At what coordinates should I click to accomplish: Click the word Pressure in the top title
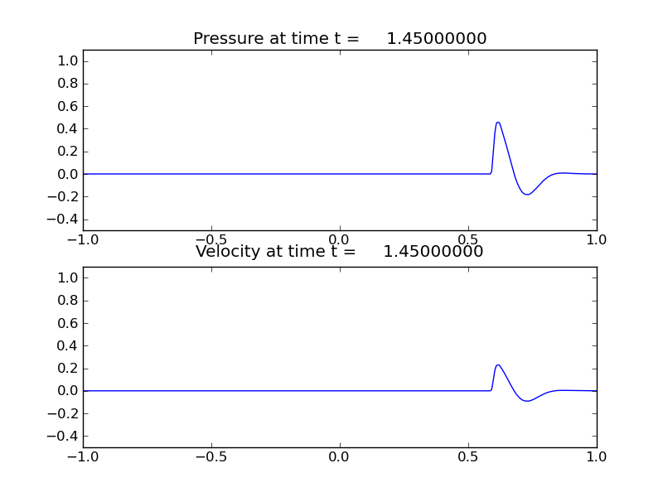226,39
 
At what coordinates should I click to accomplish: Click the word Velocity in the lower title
225,252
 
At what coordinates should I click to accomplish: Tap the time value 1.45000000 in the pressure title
436,39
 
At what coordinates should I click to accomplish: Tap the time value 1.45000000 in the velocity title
433,252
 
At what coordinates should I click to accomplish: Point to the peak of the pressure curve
498,123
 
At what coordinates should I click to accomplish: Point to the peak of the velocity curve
498,364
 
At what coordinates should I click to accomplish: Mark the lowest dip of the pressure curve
527,195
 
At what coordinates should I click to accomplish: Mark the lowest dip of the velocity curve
527,401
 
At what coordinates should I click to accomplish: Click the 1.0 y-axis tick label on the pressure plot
69,61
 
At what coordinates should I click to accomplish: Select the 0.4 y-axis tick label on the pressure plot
69,129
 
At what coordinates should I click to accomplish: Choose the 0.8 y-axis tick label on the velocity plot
69,301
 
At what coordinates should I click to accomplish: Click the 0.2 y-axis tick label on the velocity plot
69,369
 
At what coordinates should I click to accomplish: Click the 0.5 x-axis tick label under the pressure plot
468,239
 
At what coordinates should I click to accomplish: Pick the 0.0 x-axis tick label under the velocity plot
340,456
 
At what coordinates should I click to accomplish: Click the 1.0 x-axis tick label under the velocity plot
597,456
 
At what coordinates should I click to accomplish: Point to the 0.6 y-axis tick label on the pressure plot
69,106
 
